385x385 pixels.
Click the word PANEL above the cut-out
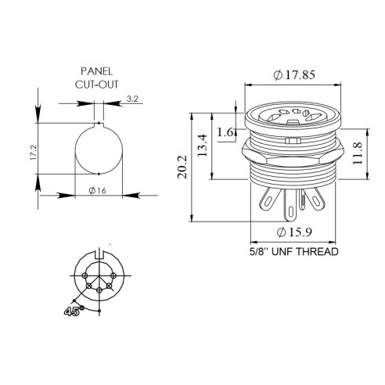(96, 71)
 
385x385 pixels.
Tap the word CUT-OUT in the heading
(96, 85)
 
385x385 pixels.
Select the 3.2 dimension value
(132, 99)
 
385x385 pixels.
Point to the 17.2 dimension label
(34, 153)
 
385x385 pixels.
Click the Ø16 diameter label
(97, 191)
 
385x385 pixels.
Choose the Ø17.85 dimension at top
(294, 75)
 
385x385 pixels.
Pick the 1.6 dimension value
(225, 132)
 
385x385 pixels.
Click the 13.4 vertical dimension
(203, 146)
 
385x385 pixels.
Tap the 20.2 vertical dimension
(182, 167)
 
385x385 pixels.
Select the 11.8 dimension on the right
(358, 153)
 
